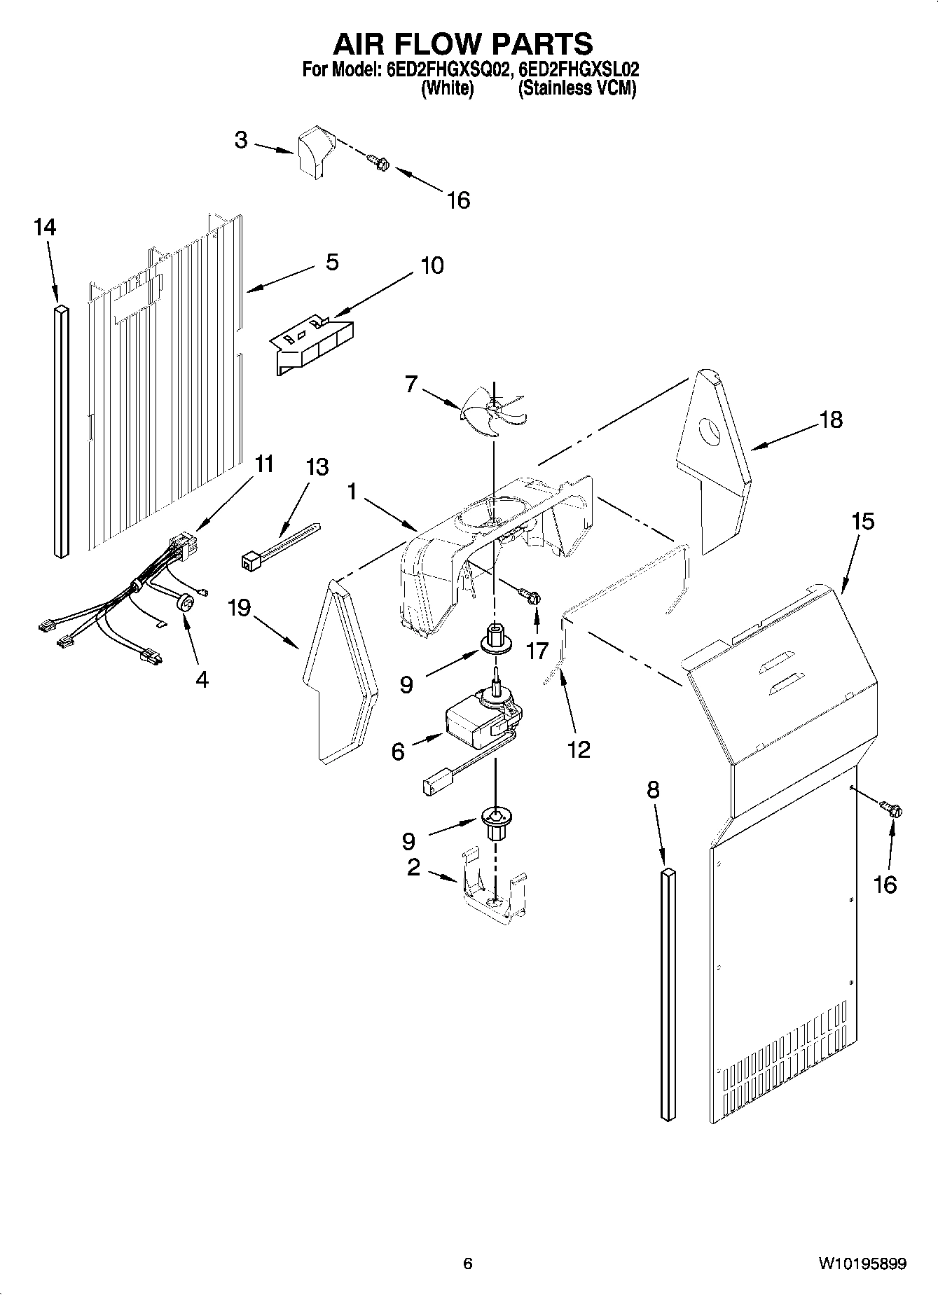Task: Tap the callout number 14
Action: (x=45, y=228)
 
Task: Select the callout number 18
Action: (x=832, y=420)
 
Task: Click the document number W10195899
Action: (x=862, y=1264)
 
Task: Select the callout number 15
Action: (x=862, y=522)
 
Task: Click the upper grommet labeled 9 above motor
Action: (x=495, y=638)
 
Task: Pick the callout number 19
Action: (x=238, y=608)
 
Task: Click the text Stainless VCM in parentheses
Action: (x=577, y=89)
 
